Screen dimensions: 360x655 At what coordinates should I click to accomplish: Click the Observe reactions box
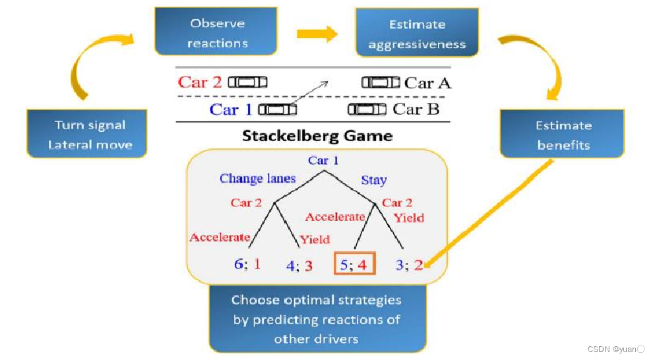coord(217,32)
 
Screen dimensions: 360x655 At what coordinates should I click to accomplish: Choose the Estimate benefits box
coord(563,135)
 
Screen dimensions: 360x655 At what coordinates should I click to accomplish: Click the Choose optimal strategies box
coord(316,319)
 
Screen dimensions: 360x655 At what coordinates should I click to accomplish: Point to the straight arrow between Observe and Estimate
coord(317,34)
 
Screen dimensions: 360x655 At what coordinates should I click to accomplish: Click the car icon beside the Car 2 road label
coord(247,82)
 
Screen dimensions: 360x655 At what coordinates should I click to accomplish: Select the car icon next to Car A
coord(381,82)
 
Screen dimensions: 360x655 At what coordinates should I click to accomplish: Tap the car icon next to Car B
coord(367,109)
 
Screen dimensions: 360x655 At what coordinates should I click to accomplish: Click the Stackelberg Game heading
coord(317,136)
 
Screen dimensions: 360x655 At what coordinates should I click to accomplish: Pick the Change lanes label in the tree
coord(258,178)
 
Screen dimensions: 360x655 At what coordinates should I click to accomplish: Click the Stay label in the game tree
coord(373,180)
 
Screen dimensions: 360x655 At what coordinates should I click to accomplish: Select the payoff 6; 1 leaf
coord(247,264)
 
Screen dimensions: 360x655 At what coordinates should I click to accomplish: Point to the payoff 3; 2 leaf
coord(409,265)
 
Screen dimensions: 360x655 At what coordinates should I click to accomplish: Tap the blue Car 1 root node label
coord(323,161)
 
